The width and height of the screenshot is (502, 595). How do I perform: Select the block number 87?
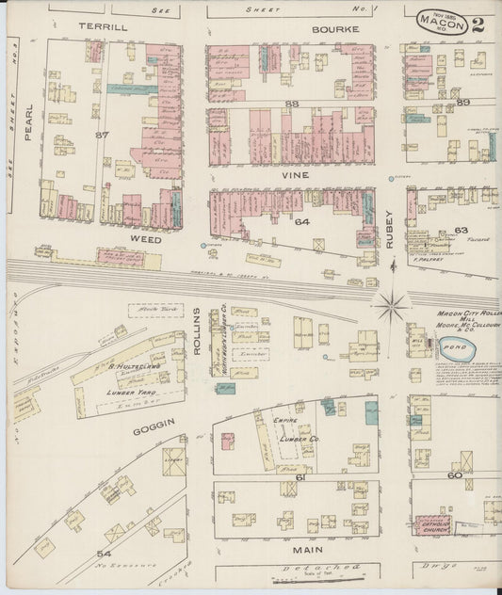103,135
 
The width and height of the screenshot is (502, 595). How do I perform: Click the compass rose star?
390,304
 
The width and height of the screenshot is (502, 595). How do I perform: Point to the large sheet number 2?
478,24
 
